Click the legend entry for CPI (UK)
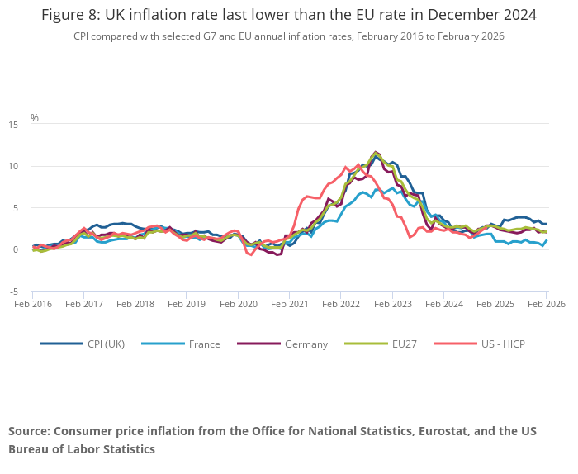coord(106,344)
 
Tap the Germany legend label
coord(306,344)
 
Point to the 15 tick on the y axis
coord(13,125)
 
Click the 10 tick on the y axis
coord(13,167)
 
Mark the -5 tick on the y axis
coord(13,292)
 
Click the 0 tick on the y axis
coord(16,250)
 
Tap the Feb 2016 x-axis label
coord(32,305)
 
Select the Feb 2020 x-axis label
coord(238,305)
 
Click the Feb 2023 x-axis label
coord(392,305)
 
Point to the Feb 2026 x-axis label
coord(547,305)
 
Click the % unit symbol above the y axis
coord(35,118)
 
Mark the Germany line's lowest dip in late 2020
coord(278,255)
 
